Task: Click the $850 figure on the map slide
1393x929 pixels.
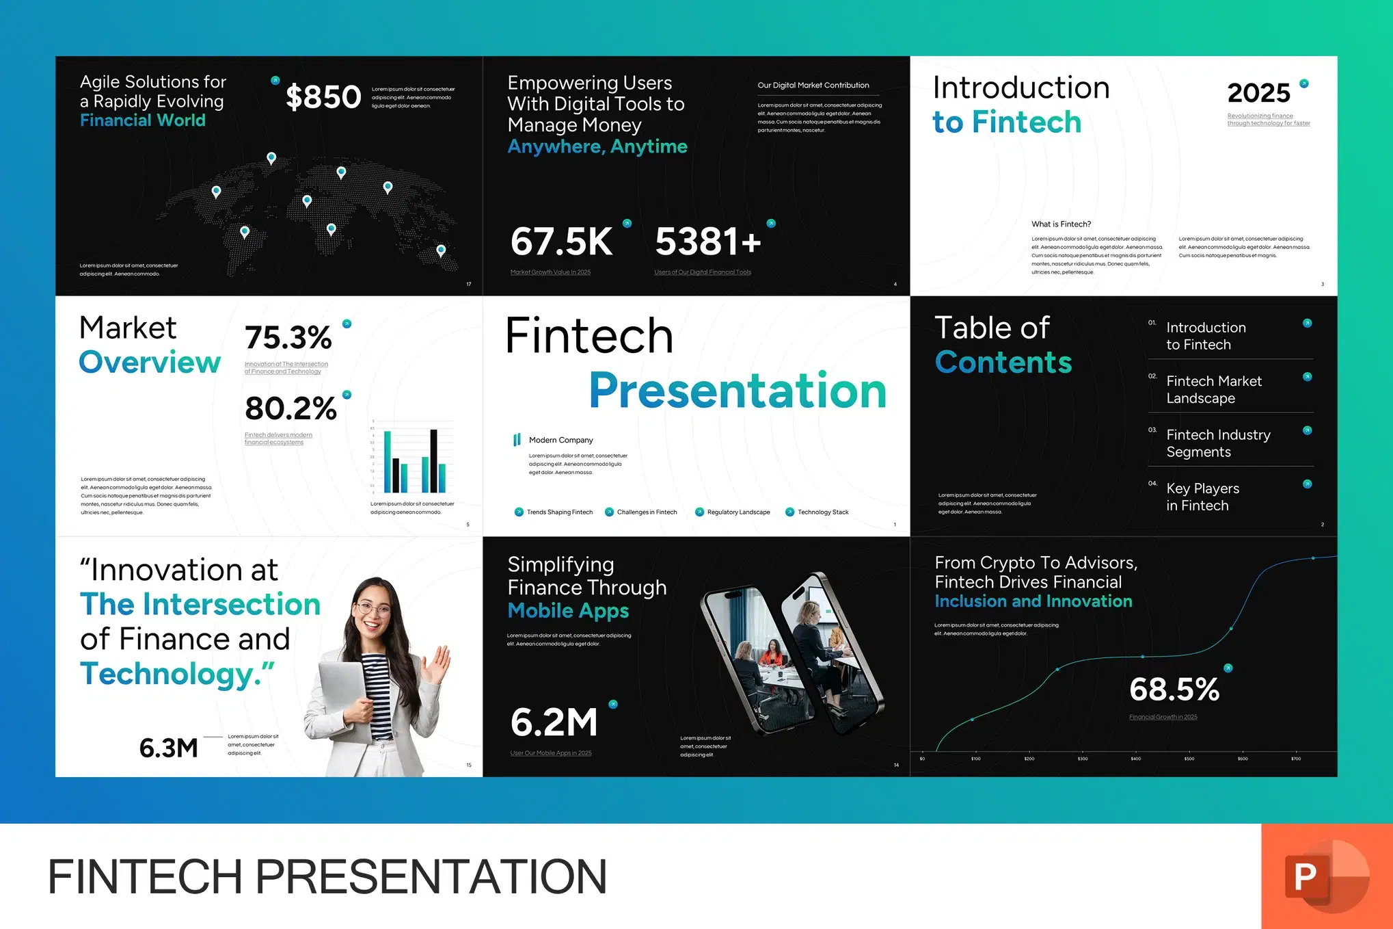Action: click(x=323, y=97)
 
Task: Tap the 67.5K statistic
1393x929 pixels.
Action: click(x=561, y=241)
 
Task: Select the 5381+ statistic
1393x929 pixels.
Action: click(x=707, y=241)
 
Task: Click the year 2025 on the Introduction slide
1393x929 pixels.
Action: click(x=1258, y=93)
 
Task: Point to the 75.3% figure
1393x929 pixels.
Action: click(x=288, y=337)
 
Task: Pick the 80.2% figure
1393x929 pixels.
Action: click(x=290, y=408)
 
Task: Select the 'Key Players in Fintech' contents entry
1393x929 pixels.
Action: click(x=1202, y=497)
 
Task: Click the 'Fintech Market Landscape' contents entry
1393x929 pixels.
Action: click(x=1213, y=389)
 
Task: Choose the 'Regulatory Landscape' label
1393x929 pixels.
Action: click(x=738, y=512)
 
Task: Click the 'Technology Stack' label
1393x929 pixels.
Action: click(x=823, y=512)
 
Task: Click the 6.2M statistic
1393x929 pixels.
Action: click(x=554, y=722)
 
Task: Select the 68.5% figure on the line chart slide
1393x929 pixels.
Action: click(x=1174, y=690)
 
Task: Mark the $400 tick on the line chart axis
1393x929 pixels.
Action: click(x=1135, y=759)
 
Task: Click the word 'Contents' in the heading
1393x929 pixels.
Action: click(x=1003, y=363)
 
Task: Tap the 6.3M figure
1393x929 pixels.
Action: click(x=168, y=748)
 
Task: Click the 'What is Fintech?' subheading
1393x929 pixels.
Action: click(x=1061, y=224)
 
